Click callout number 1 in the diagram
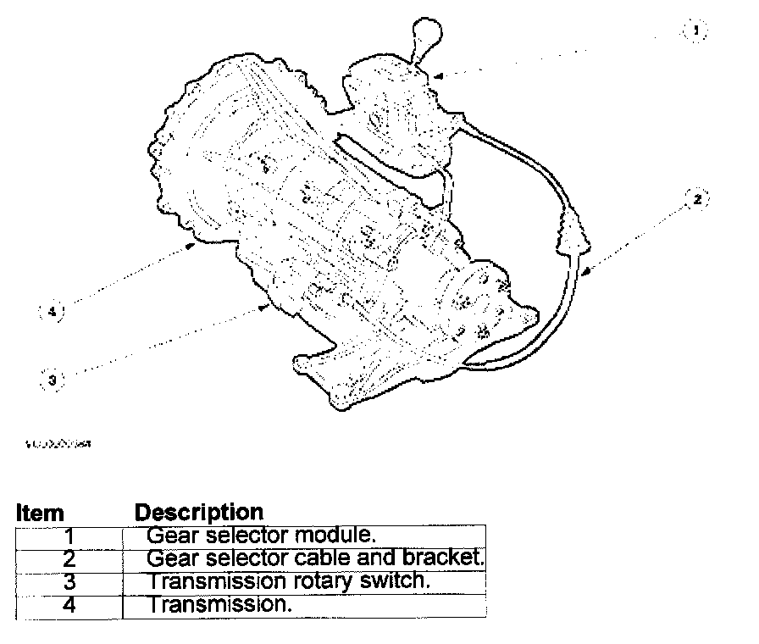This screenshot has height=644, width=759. (695, 31)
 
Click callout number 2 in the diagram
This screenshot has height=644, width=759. (696, 200)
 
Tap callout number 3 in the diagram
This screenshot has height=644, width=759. (52, 380)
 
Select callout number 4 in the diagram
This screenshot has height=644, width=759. (52, 312)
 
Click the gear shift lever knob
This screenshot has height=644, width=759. (425, 39)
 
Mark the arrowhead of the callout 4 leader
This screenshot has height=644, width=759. (196, 245)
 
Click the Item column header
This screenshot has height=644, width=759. (40, 514)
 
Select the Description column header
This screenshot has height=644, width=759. (199, 513)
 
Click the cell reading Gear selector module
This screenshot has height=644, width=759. (261, 536)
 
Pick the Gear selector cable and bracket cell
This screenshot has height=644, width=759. (314, 559)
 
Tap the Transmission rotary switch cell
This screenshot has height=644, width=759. (289, 582)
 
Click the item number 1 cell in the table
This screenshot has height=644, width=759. (69, 536)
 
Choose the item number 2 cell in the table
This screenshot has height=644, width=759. (69, 559)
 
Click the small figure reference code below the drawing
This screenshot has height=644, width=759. (59, 442)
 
